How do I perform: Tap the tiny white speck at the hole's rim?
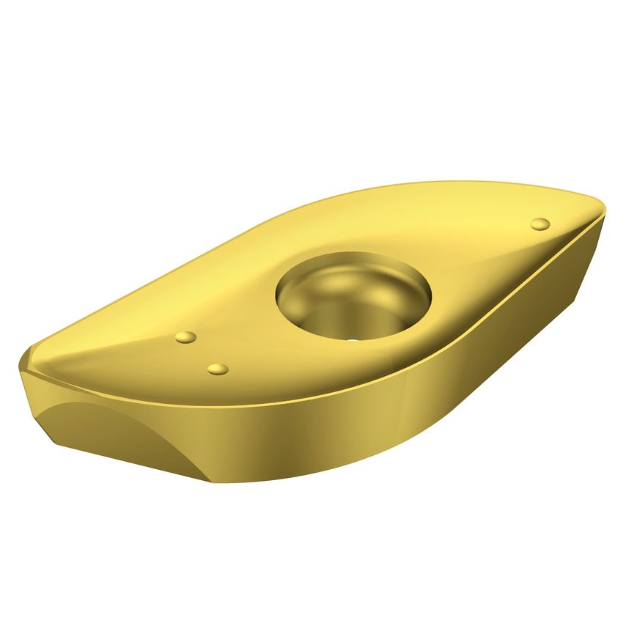(353, 340)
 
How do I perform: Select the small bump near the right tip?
(540, 224)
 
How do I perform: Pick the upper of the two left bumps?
(186, 337)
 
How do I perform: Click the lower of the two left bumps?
(218, 369)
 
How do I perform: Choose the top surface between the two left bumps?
(202, 353)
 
